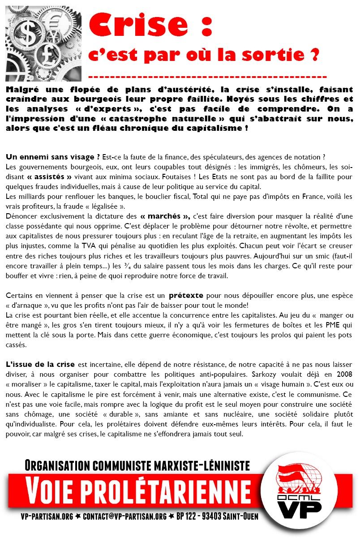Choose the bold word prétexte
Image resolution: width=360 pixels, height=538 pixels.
186,295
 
